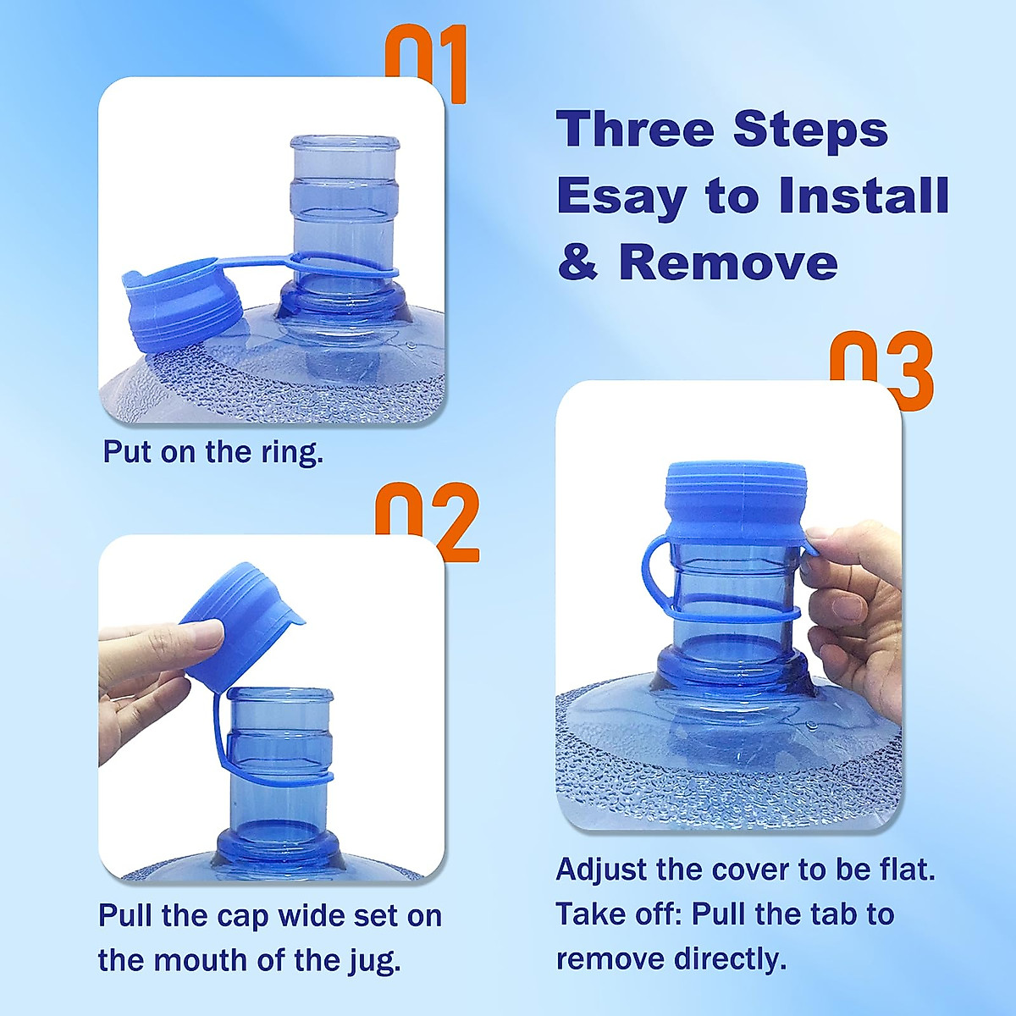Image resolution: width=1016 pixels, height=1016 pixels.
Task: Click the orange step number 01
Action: click(x=426, y=59)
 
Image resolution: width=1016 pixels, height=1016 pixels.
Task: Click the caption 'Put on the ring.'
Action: click(x=213, y=451)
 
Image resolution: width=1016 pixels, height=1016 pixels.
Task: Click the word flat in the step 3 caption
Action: click(x=903, y=870)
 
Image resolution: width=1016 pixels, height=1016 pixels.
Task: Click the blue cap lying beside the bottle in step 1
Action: click(x=182, y=305)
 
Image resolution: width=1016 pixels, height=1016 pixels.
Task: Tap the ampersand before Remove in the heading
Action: click(x=577, y=263)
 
